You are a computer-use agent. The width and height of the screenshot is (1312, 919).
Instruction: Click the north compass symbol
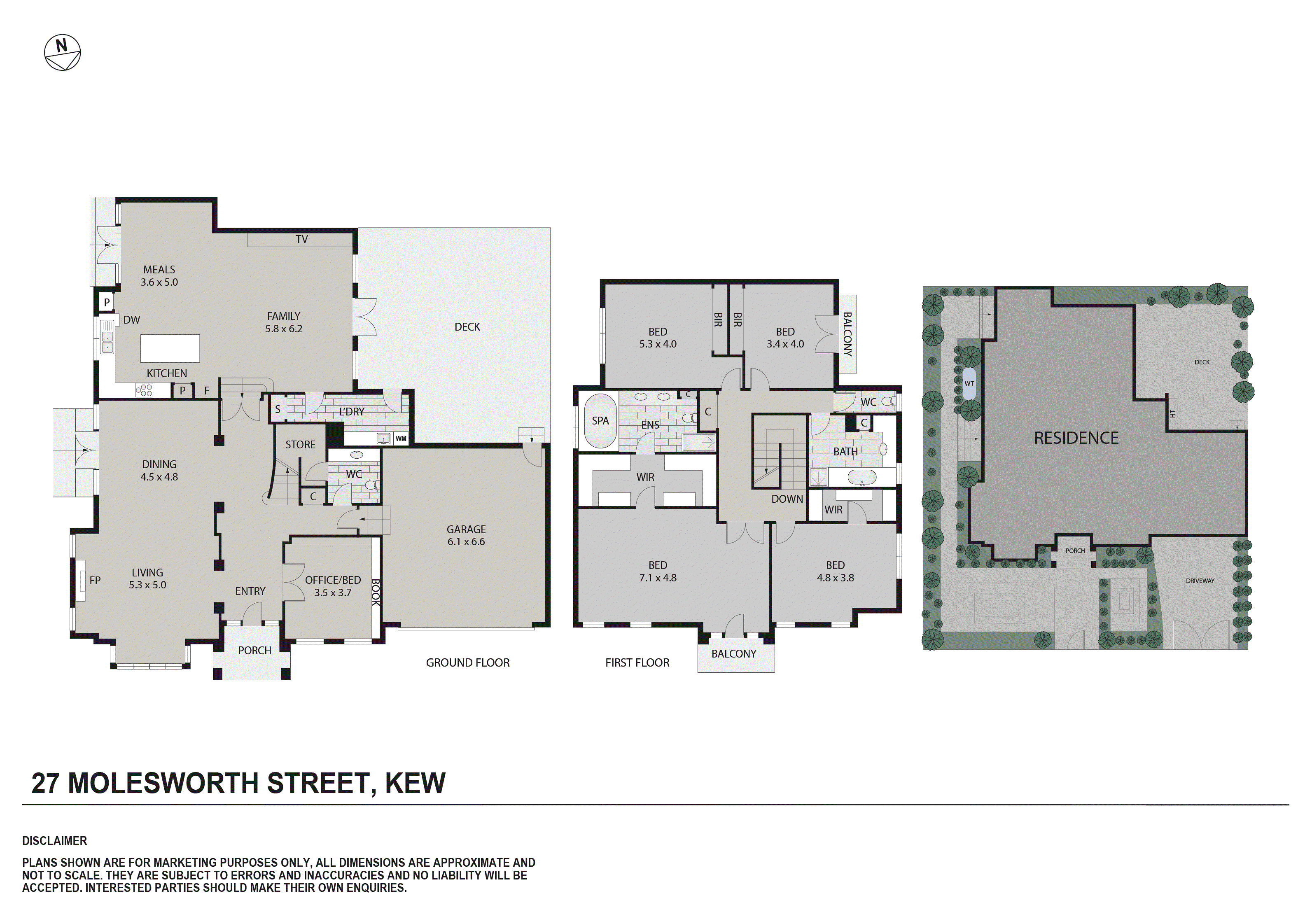(62, 53)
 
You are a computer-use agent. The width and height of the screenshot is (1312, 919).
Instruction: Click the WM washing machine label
(401, 439)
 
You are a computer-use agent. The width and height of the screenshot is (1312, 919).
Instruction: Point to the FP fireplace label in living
(95, 580)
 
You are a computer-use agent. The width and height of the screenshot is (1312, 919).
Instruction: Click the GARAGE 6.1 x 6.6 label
(466, 536)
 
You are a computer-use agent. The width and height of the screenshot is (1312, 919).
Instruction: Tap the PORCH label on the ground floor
(254, 651)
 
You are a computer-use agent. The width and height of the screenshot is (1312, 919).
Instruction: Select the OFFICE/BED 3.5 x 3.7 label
(333, 586)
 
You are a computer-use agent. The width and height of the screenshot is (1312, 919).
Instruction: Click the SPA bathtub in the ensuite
(600, 421)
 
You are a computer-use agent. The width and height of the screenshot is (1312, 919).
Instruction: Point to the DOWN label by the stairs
(787, 499)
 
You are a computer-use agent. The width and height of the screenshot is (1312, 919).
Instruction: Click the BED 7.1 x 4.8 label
(657, 571)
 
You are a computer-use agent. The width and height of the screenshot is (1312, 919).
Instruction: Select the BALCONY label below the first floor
(734, 654)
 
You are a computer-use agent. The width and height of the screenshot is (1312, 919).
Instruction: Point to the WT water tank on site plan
(969, 383)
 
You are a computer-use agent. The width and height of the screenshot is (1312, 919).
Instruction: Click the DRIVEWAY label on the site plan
(1200, 581)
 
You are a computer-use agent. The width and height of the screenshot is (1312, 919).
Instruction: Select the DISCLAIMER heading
(54, 841)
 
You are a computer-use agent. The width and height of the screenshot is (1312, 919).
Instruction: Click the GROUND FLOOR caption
(467, 662)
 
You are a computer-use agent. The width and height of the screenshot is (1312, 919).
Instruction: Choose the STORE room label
(300, 445)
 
